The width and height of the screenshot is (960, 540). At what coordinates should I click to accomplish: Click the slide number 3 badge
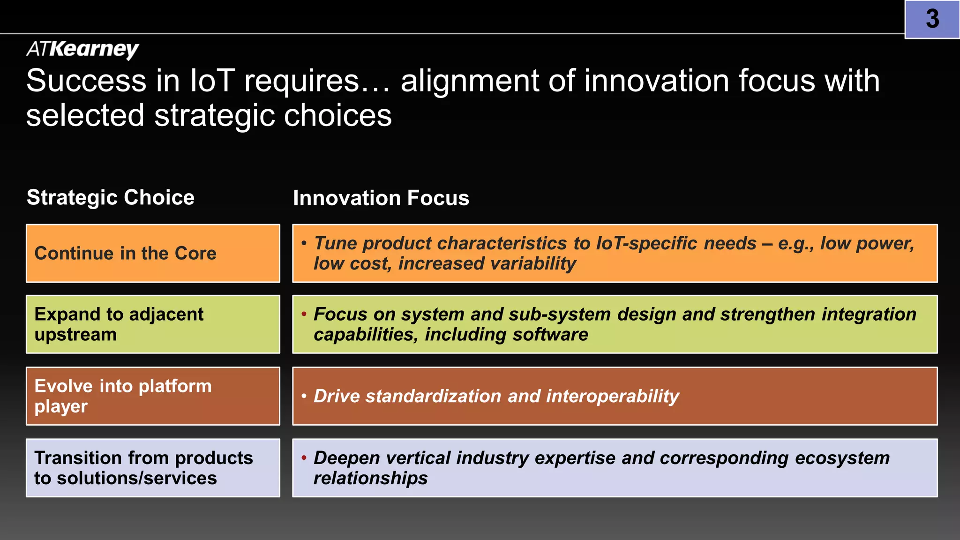pyautogui.click(x=932, y=19)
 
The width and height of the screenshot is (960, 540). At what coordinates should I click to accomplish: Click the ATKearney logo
pyautogui.click(x=82, y=49)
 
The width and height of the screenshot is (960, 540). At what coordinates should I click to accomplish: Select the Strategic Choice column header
pyautogui.click(x=111, y=197)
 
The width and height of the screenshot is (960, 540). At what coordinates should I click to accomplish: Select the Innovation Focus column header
pyautogui.click(x=381, y=198)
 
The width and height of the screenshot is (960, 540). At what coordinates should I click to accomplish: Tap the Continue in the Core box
pyautogui.click(x=153, y=253)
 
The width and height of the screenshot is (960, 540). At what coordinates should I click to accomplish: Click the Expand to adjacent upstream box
pyautogui.click(x=153, y=324)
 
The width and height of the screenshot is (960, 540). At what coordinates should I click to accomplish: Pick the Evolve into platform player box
pyautogui.click(x=153, y=396)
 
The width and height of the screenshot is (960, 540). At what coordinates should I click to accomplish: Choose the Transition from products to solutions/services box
pyautogui.click(x=153, y=468)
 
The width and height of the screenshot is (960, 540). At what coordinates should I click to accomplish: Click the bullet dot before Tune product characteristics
pyautogui.click(x=304, y=243)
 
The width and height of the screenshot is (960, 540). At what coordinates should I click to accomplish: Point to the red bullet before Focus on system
pyautogui.click(x=304, y=314)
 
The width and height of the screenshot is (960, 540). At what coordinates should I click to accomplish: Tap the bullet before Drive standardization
pyautogui.click(x=304, y=396)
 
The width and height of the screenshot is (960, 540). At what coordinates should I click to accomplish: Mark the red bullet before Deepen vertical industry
pyautogui.click(x=304, y=457)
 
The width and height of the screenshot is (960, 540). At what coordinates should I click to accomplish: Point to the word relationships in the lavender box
pyautogui.click(x=370, y=479)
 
